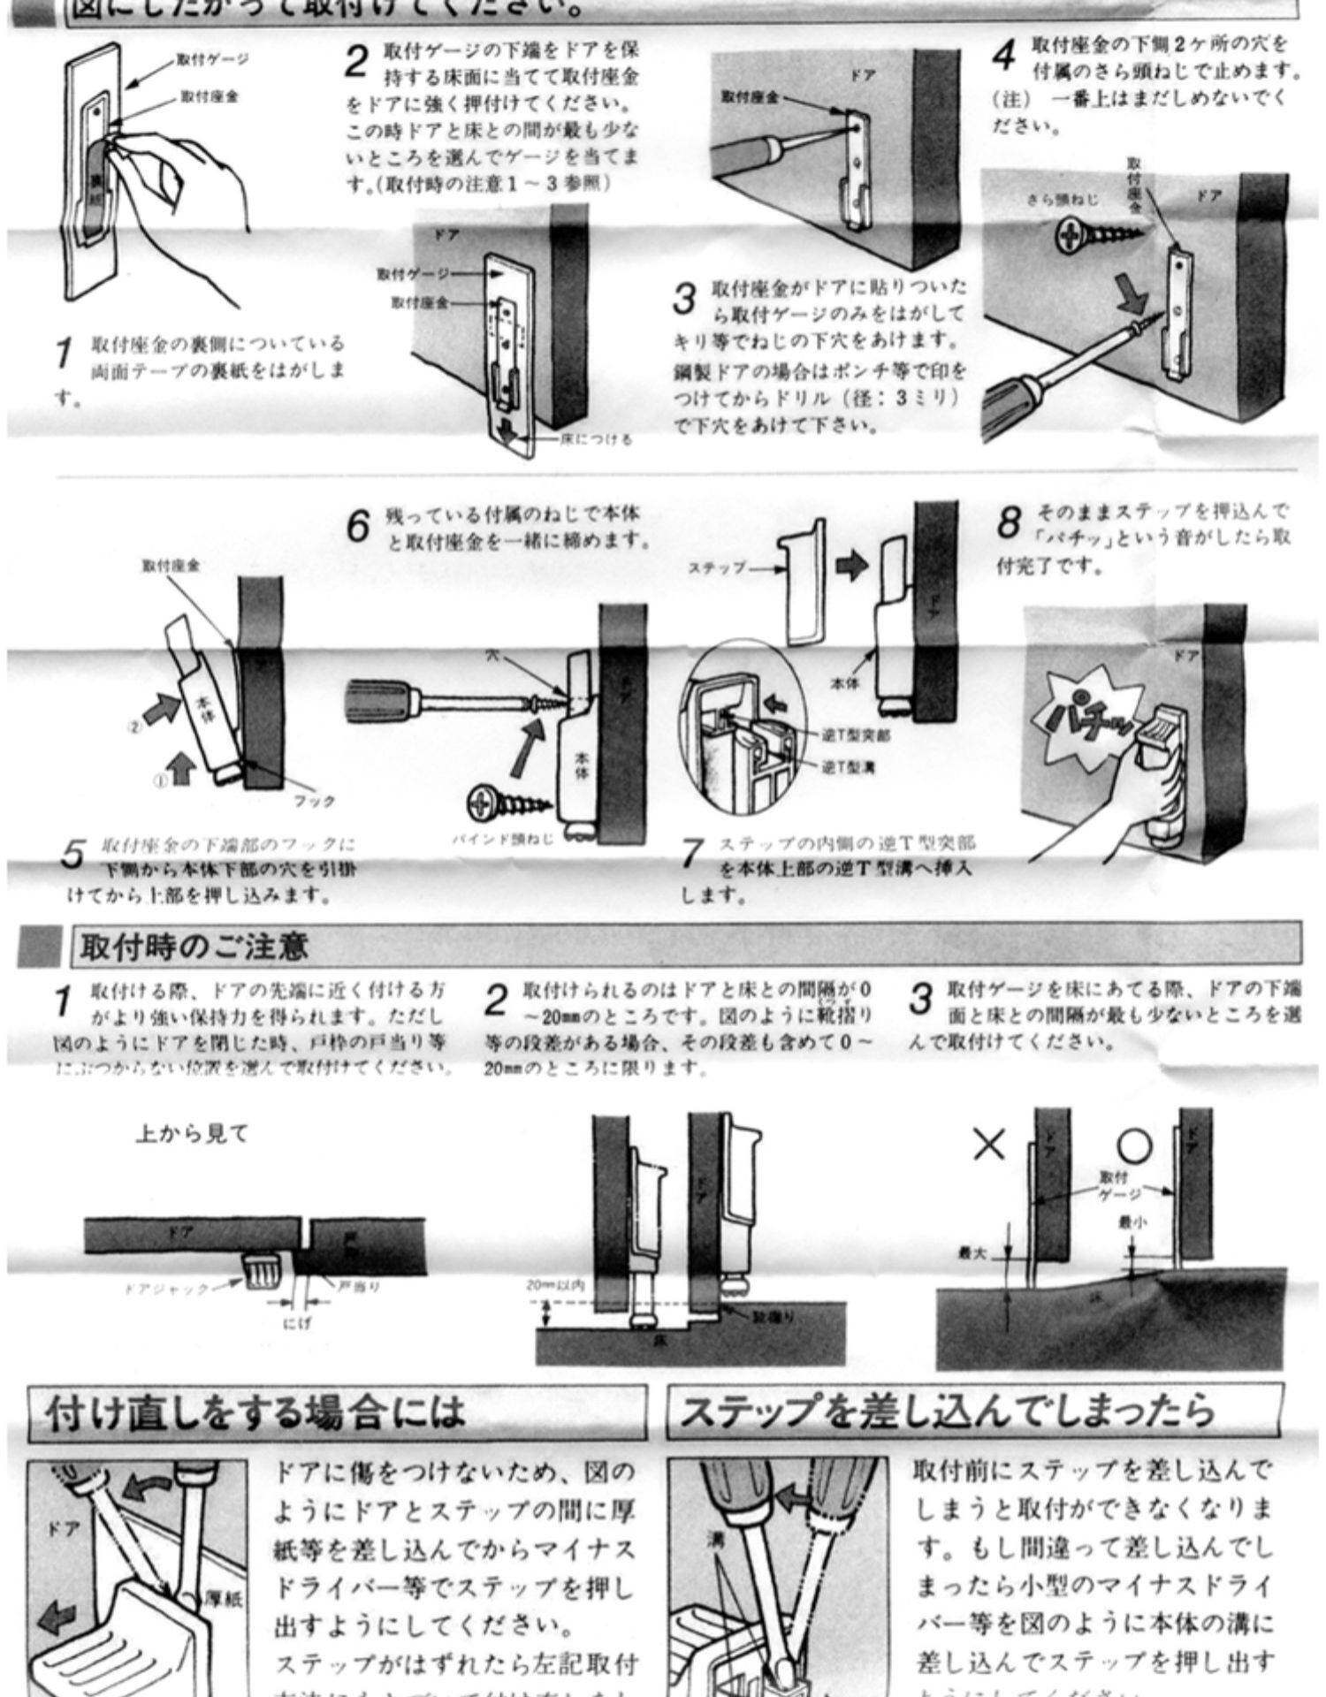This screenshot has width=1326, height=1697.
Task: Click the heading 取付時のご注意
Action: pyautogui.click(x=194, y=947)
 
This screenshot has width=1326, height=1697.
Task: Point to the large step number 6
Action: pyautogui.click(x=358, y=528)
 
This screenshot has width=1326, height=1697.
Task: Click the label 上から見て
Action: pyautogui.click(x=191, y=1134)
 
